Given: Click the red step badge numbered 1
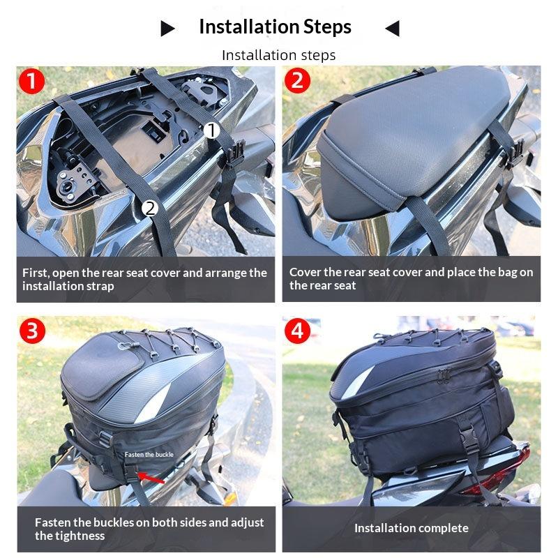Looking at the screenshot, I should pyautogui.click(x=31, y=82).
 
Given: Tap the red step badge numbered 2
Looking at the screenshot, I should pyautogui.click(x=298, y=82).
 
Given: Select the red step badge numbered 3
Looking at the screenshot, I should pyautogui.click(x=31, y=331).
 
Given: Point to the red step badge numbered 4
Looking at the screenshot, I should pyautogui.click(x=298, y=331).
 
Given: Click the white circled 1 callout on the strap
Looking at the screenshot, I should pyautogui.click(x=213, y=130).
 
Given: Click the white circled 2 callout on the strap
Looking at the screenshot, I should pyautogui.click(x=149, y=207).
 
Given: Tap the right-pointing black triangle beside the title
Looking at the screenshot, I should pyautogui.click(x=167, y=29).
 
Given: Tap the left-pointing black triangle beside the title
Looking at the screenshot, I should pyautogui.click(x=392, y=29).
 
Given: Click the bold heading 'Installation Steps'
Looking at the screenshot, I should pyautogui.click(x=275, y=27).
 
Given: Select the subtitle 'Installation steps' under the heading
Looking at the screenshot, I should pyautogui.click(x=278, y=55).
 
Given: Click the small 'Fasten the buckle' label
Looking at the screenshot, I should pyautogui.click(x=149, y=454).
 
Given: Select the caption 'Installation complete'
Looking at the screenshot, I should pyautogui.click(x=411, y=528).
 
